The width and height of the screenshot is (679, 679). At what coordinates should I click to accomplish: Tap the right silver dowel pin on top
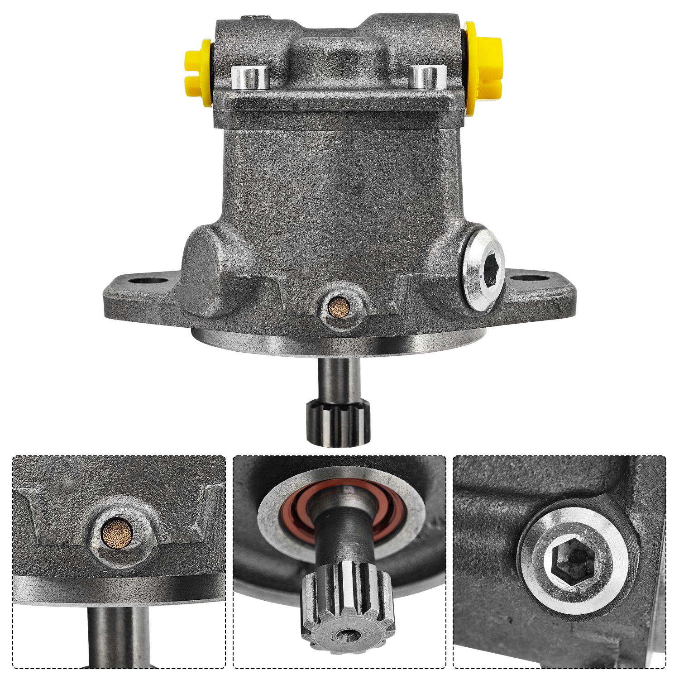(427, 77)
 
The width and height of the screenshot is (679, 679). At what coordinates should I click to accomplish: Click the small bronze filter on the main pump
(339, 307)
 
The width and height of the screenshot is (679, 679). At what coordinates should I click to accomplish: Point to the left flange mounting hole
(147, 279)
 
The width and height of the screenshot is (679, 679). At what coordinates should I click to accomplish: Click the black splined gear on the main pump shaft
(338, 423)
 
